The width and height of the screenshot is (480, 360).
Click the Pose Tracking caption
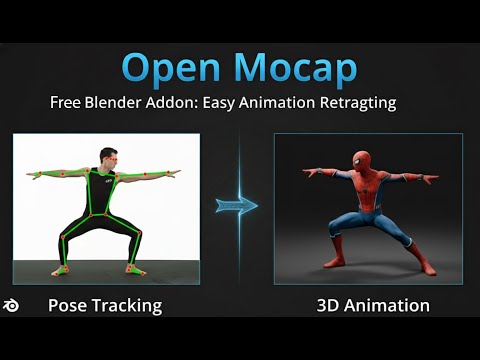pos(104,305)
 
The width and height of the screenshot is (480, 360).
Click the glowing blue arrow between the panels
pos(237,205)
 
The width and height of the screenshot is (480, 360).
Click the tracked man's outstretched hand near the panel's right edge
pos(176,173)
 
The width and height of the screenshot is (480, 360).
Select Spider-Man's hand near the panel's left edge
pos(308,173)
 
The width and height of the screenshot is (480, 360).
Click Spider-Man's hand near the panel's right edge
pos(433,180)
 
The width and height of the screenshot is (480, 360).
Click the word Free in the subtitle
pos(65,102)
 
